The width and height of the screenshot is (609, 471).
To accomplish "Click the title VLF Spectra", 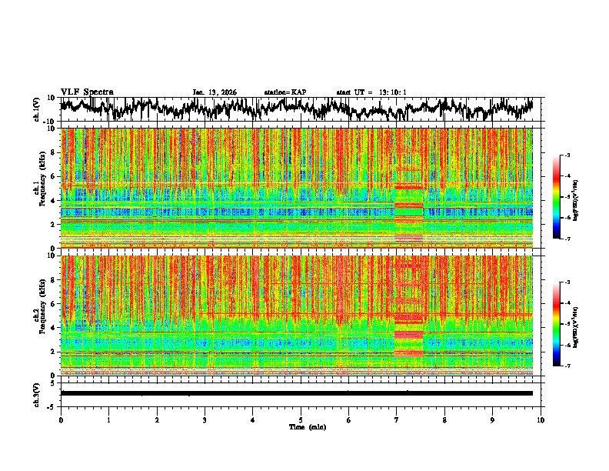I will (x=87, y=92).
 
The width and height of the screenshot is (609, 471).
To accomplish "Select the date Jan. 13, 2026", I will (x=215, y=92).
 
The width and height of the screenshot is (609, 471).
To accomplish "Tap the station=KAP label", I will (x=285, y=92).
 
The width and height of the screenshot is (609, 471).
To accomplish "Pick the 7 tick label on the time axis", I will (x=397, y=420).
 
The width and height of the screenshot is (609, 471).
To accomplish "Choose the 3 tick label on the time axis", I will (x=205, y=420).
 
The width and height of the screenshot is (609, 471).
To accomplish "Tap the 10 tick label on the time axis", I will (x=541, y=420).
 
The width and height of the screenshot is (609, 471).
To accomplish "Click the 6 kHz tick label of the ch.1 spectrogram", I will (x=52, y=176).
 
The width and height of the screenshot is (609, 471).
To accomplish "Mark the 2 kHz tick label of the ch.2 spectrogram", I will (x=52, y=352).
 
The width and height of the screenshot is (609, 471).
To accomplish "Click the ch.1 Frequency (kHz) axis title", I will (x=38, y=188).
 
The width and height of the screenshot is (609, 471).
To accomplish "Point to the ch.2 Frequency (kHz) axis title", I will (x=38, y=315).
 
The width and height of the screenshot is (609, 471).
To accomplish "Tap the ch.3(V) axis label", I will (x=37, y=392).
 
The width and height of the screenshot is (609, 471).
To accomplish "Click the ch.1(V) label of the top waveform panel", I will (x=37, y=110).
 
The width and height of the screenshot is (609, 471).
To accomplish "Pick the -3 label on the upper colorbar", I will (x=574, y=155).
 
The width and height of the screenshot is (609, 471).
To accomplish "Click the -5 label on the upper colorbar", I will (x=574, y=197).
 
